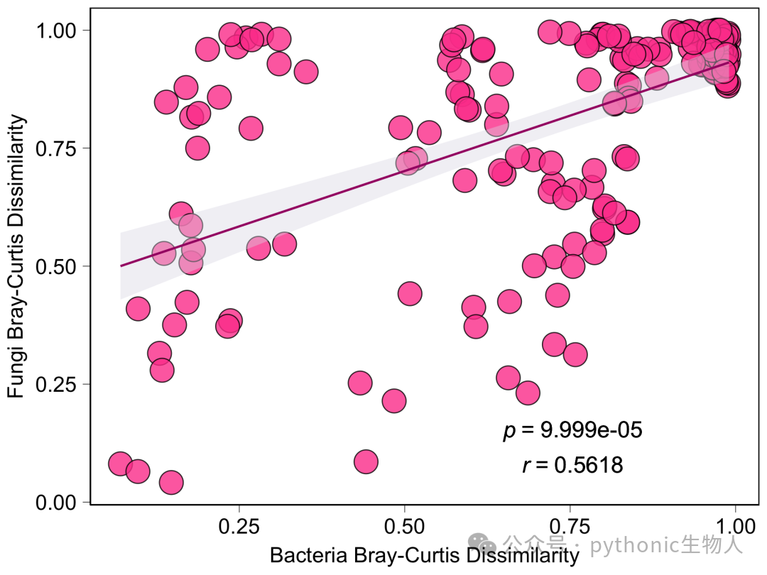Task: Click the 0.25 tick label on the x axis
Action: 239,527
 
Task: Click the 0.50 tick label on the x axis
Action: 404,527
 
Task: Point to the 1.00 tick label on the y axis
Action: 56,31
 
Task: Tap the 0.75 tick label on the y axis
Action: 56,148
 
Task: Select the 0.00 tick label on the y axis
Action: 56,503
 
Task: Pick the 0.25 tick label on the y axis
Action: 56,385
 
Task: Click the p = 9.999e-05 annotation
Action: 572,431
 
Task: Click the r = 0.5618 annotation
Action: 573,465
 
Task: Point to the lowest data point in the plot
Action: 171,483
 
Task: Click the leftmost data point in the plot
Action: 120,464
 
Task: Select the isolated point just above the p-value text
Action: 527,393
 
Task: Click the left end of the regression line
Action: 121,266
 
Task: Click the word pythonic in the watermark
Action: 628,544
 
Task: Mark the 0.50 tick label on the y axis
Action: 56,267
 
